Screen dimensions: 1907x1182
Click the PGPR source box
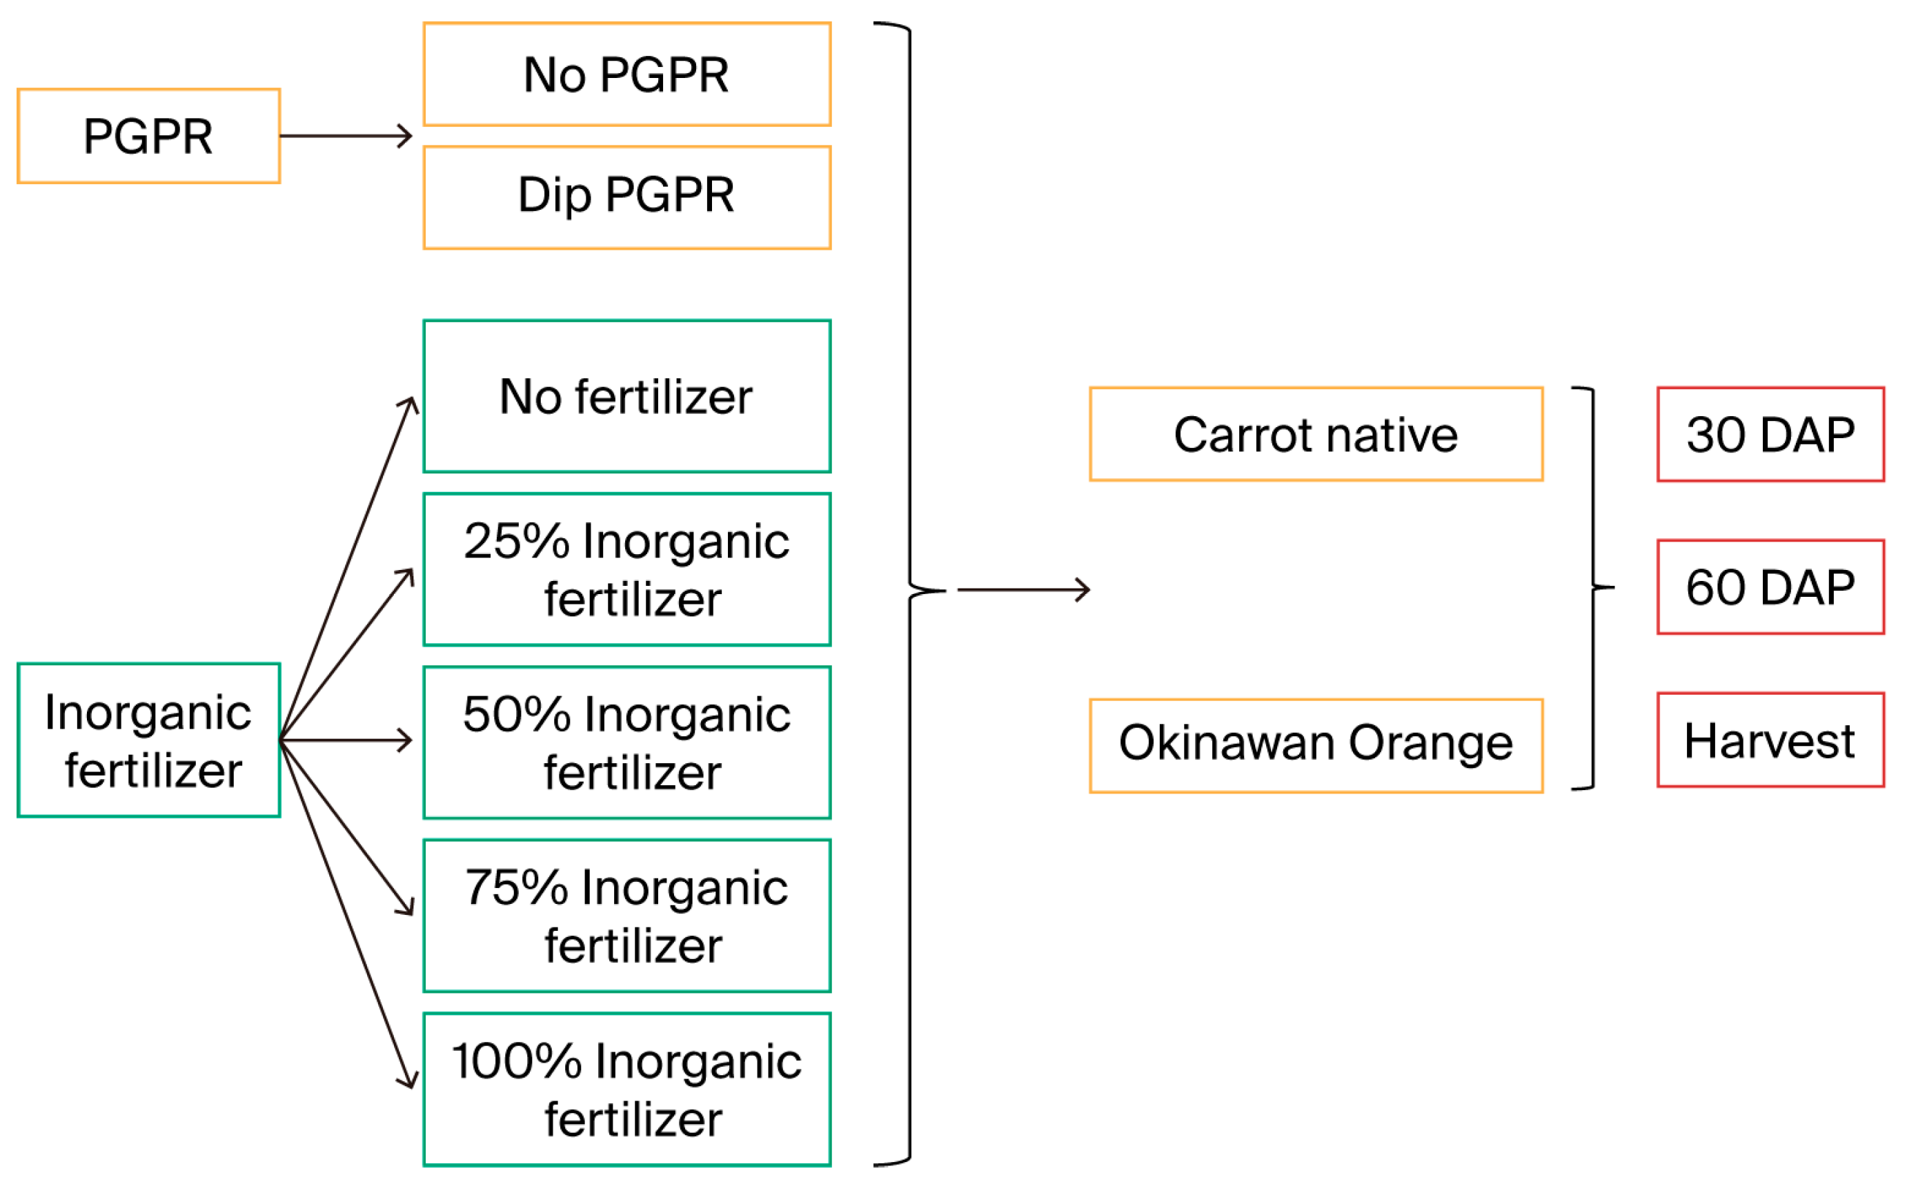pyautogui.click(x=148, y=136)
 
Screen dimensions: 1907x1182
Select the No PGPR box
pyautogui.click(x=626, y=75)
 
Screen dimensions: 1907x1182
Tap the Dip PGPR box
pyautogui.click(x=626, y=198)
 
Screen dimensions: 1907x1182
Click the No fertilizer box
pyautogui.click(x=626, y=396)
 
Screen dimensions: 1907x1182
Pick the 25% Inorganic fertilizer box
pyautogui.click(x=626, y=570)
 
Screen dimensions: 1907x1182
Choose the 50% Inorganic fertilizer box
pyautogui.click(x=626, y=742)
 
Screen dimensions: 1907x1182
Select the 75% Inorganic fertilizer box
pyautogui.click(x=626, y=916)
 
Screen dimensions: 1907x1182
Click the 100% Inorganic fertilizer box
pyautogui.click(x=626, y=1090)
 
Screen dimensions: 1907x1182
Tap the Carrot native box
pyautogui.click(x=1316, y=434)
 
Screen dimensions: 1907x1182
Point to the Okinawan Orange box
pyautogui.click(x=1316, y=746)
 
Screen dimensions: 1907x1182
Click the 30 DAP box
pyautogui.click(x=1770, y=434)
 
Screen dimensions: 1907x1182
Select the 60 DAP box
pyautogui.click(x=1770, y=587)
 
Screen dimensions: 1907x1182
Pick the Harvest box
pyautogui.click(x=1770, y=740)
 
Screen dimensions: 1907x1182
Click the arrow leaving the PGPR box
pyautogui.click(x=346, y=136)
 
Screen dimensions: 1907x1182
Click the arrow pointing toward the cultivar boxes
pyautogui.click(x=1024, y=589)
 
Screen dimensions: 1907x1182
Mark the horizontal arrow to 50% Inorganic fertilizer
pyautogui.click(x=346, y=740)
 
